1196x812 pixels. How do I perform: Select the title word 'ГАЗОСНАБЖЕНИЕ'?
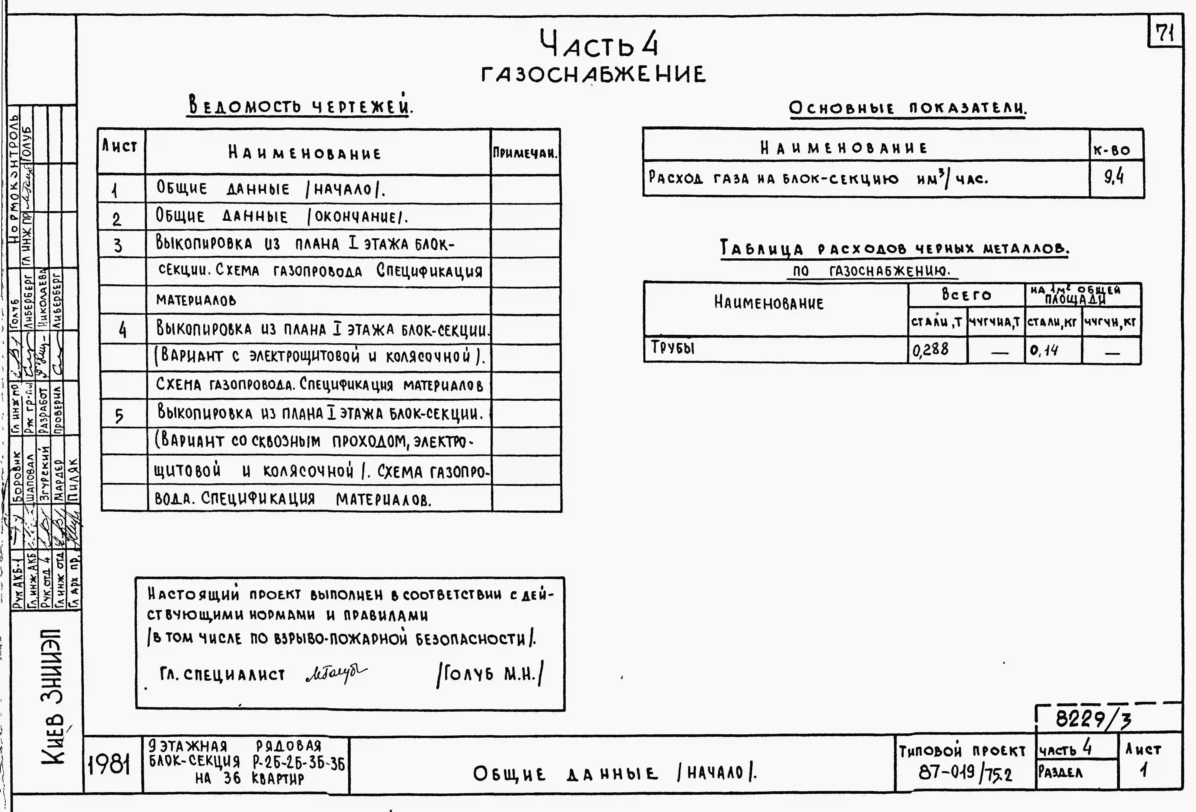(x=593, y=75)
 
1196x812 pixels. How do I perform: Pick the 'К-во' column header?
(x=1112, y=150)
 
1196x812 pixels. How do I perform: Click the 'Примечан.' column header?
(x=525, y=153)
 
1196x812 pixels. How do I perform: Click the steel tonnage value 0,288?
(x=930, y=350)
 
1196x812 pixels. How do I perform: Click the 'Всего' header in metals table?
(x=966, y=295)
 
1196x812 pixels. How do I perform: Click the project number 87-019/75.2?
(x=965, y=772)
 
